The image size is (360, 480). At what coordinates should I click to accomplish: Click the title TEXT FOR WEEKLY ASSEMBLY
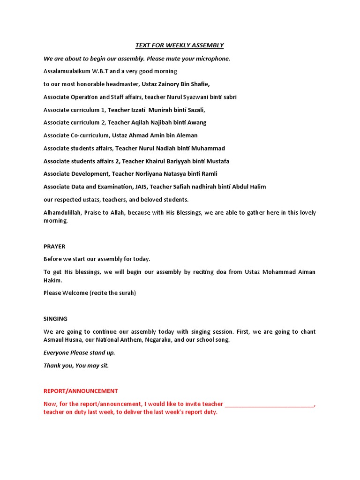tap(180, 45)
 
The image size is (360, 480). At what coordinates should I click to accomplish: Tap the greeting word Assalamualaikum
tap(67, 71)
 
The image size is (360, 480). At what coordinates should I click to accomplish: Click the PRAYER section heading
tap(54, 246)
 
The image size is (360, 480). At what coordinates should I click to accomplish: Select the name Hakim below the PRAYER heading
tap(52, 280)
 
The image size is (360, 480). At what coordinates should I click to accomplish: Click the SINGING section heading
tap(55, 319)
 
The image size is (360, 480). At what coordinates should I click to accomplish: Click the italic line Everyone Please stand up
tap(79, 352)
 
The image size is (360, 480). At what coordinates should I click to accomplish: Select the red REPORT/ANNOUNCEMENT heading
tap(81, 391)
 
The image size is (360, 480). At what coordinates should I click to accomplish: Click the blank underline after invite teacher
tap(270, 404)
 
